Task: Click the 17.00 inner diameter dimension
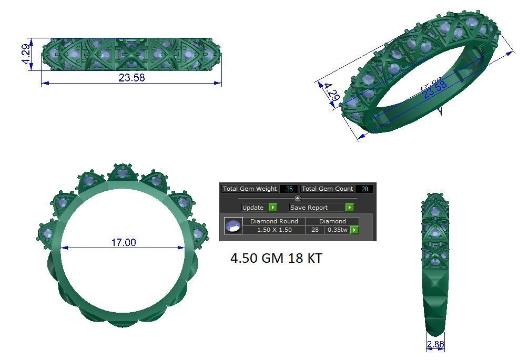pos(123,242)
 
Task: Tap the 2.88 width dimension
pos(435,345)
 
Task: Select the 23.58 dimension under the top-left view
pos(131,78)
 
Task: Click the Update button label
pos(253,208)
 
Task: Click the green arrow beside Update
pos(272,208)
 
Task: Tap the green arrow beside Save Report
pos(349,208)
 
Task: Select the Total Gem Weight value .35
pos(289,189)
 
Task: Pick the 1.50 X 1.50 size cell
pos(274,230)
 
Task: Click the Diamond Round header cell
pos(274,221)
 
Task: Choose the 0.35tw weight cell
pos(337,230)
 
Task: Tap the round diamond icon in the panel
pos(233,226)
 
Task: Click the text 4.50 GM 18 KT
pos(276,259)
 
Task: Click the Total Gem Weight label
pos(250,189)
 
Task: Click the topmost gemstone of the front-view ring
pos(123,172)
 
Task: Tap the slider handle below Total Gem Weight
pos(298,198)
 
